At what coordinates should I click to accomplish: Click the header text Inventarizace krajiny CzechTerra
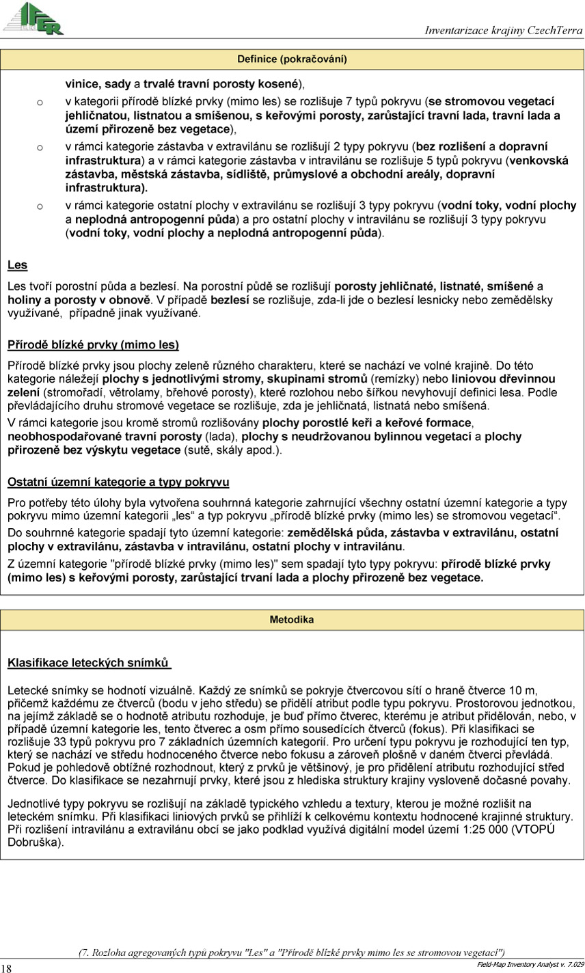coord(503,31)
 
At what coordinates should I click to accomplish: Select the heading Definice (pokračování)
coord(292,59)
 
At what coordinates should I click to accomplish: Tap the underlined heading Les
coord(17,264)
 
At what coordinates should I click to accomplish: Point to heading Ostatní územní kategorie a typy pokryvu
coord(118,482)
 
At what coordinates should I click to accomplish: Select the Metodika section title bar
coord(292,620)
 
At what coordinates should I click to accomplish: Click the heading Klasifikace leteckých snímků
coord(88,662)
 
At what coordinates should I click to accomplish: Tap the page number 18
coord(7,967)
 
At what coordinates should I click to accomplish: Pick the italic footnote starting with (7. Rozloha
coord(292,952)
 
